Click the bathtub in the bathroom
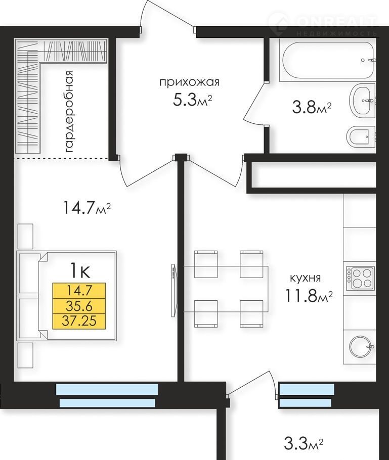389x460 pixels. coord(328,61)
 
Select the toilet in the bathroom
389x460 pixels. coord(361,136)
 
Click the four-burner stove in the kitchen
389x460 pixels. coord(360,278)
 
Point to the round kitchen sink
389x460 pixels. coord(362,346)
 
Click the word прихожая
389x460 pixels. coord(189,82)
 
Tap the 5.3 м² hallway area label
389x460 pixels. coord(192,100)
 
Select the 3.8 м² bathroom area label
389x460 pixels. coord(312,107)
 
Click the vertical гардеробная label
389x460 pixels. coord(69,112)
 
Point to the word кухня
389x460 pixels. coord(306,278)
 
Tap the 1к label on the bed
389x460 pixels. coord(79,271)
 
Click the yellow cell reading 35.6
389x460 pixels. coord(79,306)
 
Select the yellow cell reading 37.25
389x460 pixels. coord(79,321)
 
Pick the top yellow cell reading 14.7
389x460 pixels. coord(79,291)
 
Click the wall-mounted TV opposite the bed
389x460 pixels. coord(174,290)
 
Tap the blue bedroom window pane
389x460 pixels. coord(107,389)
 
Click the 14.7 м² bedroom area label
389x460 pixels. coord(87,208)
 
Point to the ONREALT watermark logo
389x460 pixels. coord(322,23)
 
